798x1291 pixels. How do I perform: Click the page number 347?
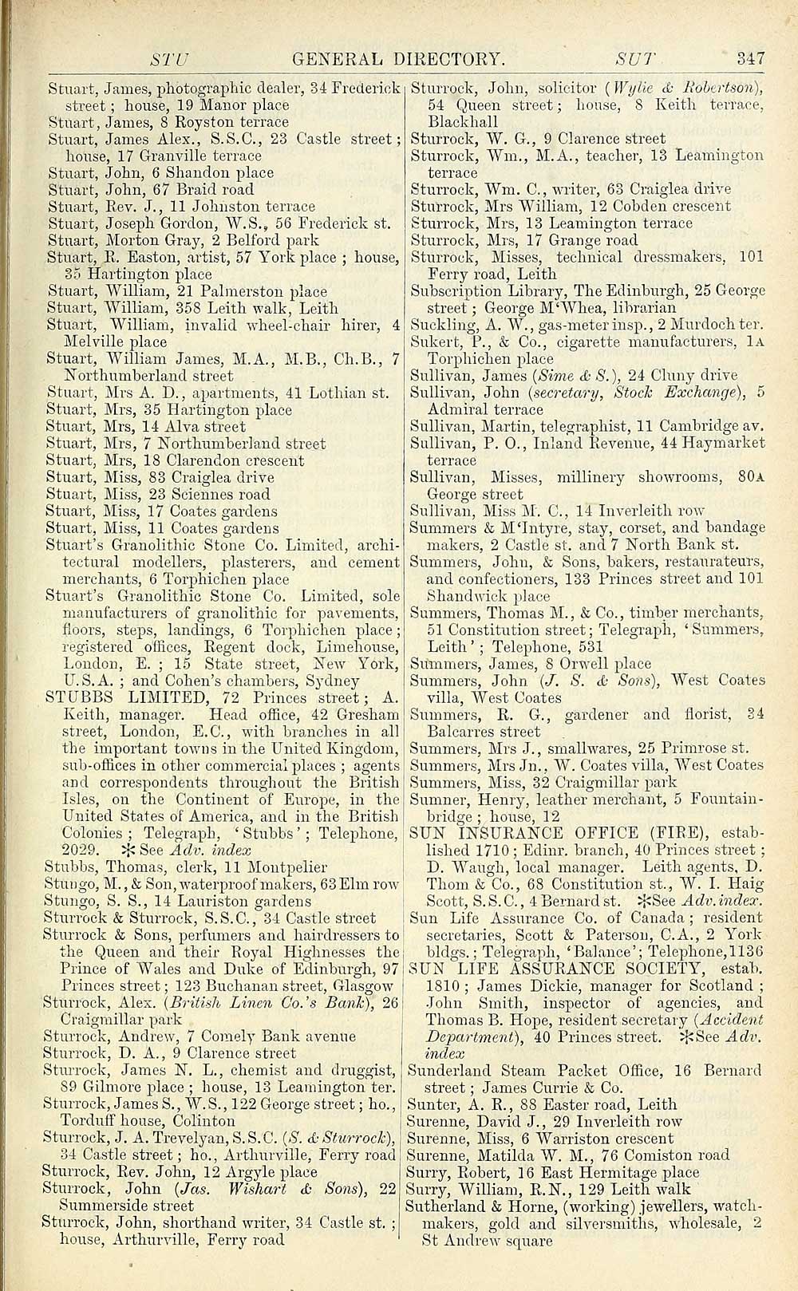pyautogui.click(x=751, y=58)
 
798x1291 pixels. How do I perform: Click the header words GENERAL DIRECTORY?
pyautogui.click(x=399, y=58)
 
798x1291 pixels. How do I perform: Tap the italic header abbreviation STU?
pyautogui.click(x=169, y=58)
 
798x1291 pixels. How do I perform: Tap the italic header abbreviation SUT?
pyautogui.click(x=635, y=58)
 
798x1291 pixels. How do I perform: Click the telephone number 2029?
pyautogui.click(x=81, y=850)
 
